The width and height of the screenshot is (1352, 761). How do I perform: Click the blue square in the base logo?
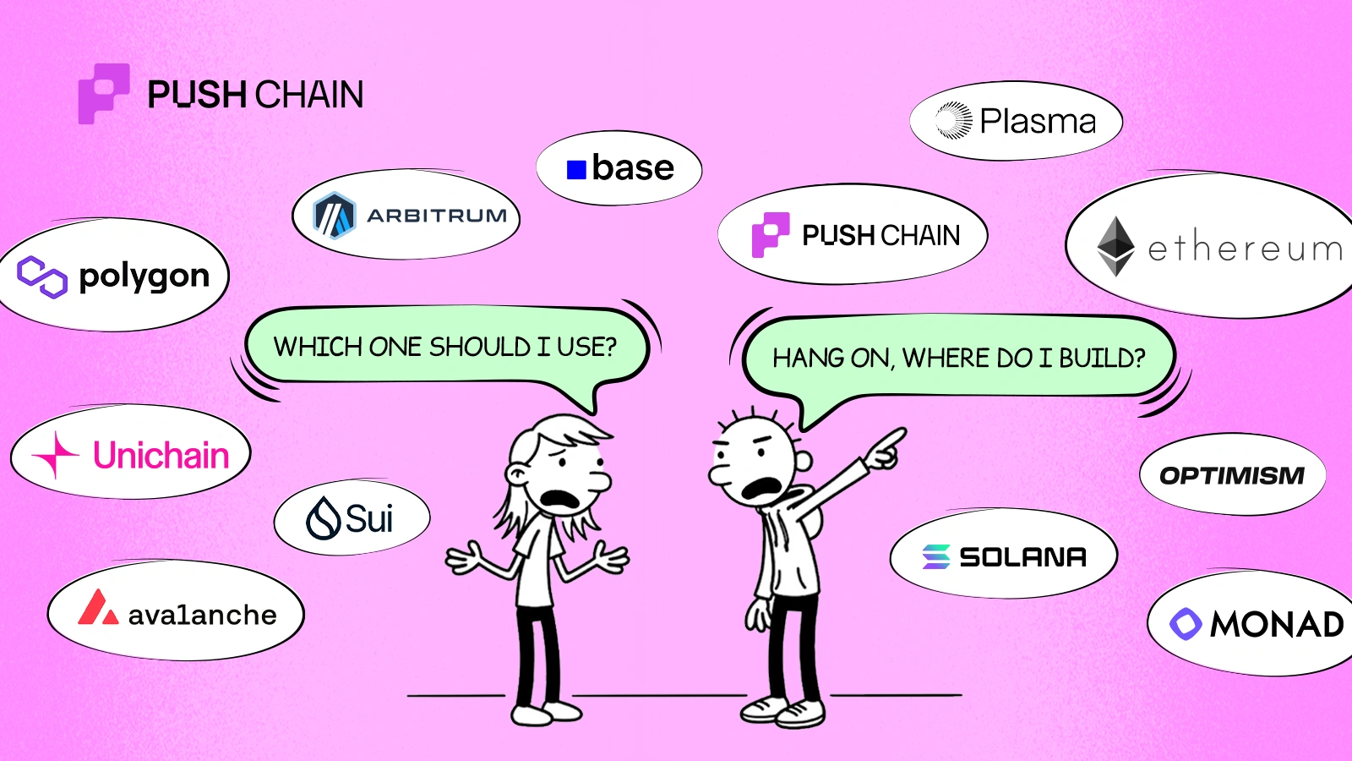(576, 170)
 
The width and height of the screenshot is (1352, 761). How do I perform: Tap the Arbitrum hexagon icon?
(334, 216)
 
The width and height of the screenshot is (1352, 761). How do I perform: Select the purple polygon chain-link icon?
(42, 277)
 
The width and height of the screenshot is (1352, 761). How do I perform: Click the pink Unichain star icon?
(56, 455)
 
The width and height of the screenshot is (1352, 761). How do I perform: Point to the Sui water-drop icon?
(323, 518)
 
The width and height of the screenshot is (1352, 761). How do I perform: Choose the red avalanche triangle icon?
(97, 608)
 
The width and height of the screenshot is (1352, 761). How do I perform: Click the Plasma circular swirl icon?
(954, 121)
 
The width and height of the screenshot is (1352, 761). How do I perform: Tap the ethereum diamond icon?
(1115, 246)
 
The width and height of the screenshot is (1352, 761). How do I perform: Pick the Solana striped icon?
(936, 556)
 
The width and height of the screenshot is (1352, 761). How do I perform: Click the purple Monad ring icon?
(1186, 624)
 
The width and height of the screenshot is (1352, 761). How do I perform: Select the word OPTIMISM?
(1232, 475)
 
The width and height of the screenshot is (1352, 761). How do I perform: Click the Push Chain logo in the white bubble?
(771, 234)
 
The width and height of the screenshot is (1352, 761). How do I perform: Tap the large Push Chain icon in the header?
(103, 93)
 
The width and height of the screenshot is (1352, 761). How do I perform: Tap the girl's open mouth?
(559, 500)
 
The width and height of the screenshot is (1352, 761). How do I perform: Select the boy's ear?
(803, 462)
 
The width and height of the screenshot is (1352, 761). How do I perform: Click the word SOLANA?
(1022, 557)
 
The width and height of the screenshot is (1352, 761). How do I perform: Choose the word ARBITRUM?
(437, 216)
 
